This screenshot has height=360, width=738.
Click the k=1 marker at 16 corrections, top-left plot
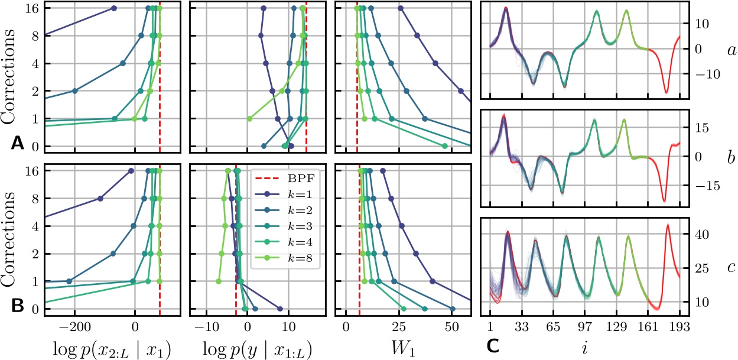pyautogui.click(x=114, y=8)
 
